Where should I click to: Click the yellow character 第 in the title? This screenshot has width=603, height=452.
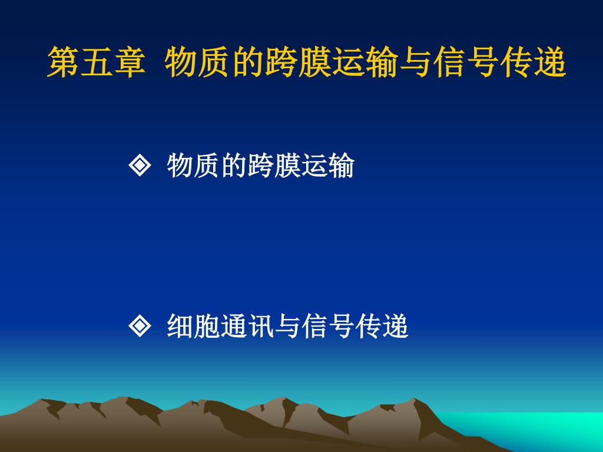[64, 62]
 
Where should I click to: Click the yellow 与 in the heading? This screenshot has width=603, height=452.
[416, 62]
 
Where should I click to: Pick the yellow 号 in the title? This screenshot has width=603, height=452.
[483, 62]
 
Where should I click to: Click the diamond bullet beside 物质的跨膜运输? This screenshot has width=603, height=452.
[140, 165]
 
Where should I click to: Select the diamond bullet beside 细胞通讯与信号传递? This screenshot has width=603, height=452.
[140, 326]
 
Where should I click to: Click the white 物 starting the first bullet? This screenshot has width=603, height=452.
[180, 165]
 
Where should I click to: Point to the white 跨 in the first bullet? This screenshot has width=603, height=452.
[260, 165]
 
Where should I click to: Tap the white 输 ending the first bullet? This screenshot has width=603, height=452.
[341, 165]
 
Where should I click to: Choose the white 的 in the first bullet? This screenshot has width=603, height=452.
[233, 165]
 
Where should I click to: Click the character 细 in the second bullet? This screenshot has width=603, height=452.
[180, 326]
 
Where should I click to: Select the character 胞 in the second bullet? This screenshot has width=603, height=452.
[207, 326]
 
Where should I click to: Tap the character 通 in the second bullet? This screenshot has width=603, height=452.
[233, 326]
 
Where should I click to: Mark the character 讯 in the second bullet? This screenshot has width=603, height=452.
[260, 326]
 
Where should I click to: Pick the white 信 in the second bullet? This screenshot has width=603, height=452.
[314, 326]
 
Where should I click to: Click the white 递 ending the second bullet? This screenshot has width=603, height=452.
[395, 326]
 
